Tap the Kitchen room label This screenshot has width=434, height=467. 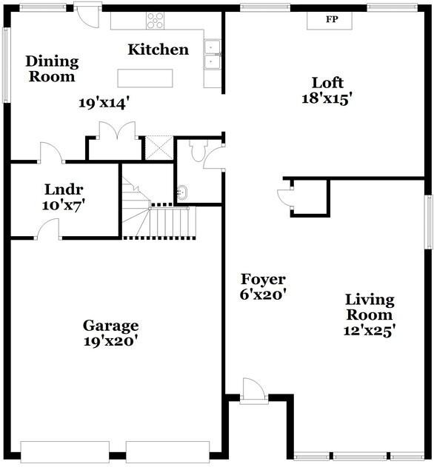click(158, 50)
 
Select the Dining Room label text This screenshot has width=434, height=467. click(52, 69)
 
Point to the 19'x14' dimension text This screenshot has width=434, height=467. click(110, 104)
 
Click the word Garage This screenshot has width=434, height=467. click(110, 326)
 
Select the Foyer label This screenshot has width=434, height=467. click(263, 279)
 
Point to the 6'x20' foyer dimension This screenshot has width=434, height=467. click(263, 294)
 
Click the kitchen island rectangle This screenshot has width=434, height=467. click(145, 78)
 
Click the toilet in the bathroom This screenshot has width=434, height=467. click(196, 152)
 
